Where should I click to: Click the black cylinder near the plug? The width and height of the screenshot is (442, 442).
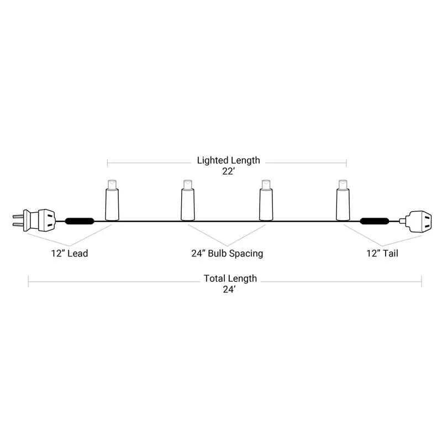pos(80,222)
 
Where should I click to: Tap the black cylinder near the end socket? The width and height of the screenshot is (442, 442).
pos(374,222)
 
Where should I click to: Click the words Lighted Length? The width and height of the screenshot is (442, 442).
pos(228,160)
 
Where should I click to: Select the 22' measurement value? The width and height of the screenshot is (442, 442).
pos(228,171)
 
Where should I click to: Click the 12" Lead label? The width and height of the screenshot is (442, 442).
pos(68,254)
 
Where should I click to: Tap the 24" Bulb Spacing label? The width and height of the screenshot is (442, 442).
pos(227,254)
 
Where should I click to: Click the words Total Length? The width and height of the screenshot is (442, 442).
pos(230,278)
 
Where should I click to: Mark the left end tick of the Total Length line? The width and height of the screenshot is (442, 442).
pos(29,281)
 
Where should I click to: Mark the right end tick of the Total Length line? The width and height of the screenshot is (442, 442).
pos(422,281)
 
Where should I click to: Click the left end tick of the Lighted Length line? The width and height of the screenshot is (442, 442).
pos(107,163)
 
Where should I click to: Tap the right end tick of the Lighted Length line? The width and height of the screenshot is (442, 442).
pos(346,163)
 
